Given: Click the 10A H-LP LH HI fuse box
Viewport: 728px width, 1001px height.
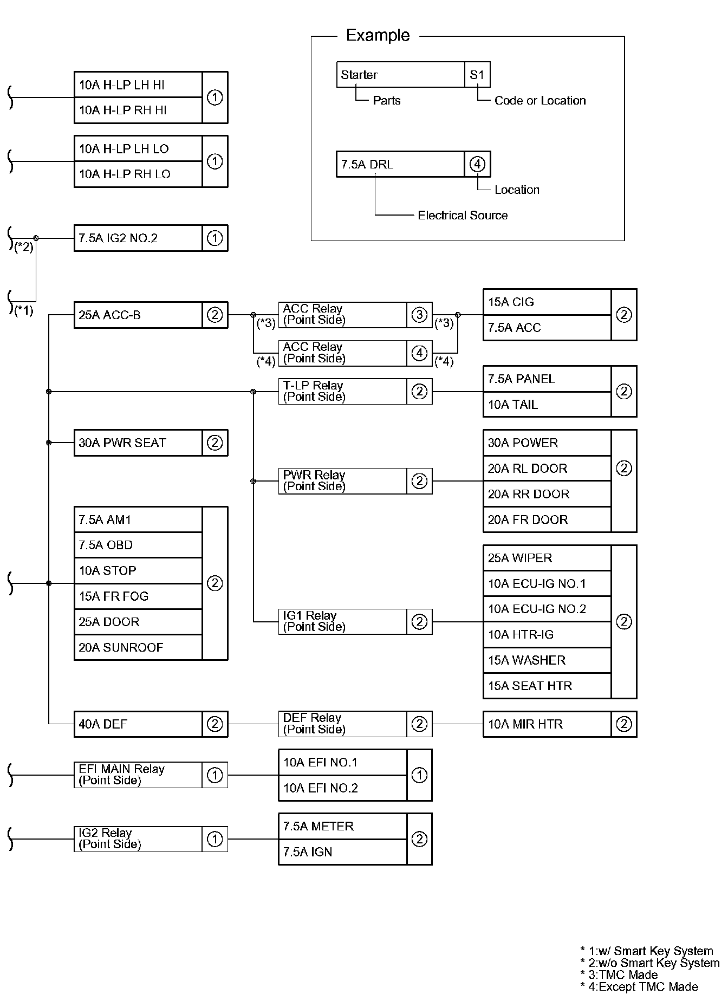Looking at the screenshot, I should click(x=138, y=85).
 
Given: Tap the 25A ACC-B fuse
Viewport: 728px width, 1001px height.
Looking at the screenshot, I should click(x=138, y=315).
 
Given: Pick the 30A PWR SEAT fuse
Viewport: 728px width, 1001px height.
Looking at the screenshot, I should click(x=138, y=443).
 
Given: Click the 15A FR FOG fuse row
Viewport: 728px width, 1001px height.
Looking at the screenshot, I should click(x=138, y=596).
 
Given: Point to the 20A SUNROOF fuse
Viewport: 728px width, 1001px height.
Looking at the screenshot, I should click(x=138, y=647).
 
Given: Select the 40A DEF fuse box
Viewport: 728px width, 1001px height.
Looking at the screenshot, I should click(x=138, y=724).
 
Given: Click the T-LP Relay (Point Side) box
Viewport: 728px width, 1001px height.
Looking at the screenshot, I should click(x=342, y=392).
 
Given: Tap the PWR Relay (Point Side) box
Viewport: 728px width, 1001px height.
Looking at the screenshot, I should click(x=342, y=481).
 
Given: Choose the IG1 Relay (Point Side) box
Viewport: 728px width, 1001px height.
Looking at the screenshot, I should click(x=342, y=622).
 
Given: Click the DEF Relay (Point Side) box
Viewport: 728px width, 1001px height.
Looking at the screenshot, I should click(x=342, y=724).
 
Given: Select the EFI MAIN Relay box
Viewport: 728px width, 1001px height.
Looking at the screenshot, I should click(x=138, y=775).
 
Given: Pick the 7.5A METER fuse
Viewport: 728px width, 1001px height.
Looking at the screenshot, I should click(x=342, y=827).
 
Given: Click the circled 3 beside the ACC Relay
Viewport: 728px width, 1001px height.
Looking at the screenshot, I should click(x=419, y=315).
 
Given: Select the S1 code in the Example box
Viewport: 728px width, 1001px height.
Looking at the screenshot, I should click(x=477, y=75).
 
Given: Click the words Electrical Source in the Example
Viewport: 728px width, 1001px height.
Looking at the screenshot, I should click(x=463, y=216).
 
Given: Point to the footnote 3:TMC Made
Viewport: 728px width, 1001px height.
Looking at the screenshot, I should click(x=623, y=974).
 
